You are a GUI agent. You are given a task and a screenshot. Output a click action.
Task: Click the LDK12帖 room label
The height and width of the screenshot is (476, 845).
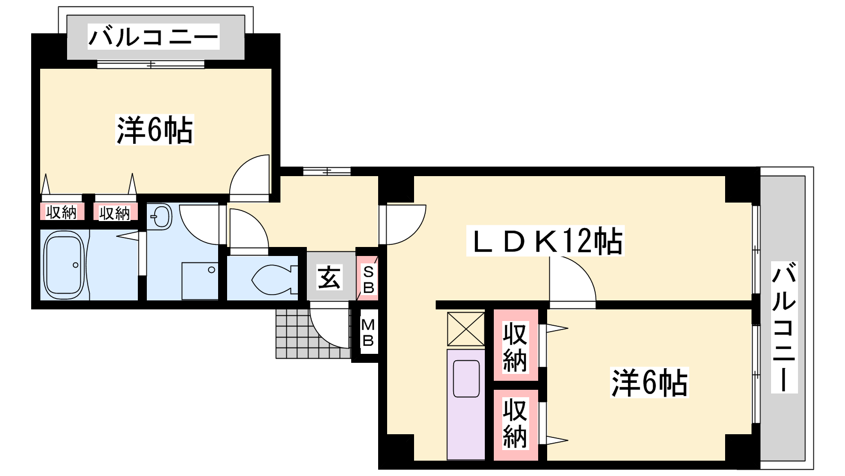(x=545, y=241)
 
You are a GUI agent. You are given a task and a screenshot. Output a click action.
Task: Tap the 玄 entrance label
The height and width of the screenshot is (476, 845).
(x=329, y=278)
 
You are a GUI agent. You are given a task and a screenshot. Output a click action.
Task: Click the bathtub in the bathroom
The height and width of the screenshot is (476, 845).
(x=64, y=265)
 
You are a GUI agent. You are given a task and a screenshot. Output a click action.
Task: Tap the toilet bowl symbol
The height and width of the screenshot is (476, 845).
(x=274, y=280)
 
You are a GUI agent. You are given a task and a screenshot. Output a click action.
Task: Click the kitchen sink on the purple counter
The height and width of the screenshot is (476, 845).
(x=466, y=379)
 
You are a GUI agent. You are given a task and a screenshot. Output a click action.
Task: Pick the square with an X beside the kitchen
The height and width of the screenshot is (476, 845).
(x=466, y=328)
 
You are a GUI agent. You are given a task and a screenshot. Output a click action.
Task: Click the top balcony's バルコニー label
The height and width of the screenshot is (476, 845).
(x=154, y=36)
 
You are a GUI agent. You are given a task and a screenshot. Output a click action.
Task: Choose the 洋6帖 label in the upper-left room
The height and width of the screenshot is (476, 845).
(x=155, y=130)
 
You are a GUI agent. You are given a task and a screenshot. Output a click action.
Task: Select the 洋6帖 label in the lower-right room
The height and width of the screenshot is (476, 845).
(x=650, y=383)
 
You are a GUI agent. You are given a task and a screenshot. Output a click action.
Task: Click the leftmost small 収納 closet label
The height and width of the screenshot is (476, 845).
(x=61, y=212)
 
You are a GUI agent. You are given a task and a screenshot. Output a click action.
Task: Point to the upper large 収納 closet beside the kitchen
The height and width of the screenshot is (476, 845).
(x=515, y=345)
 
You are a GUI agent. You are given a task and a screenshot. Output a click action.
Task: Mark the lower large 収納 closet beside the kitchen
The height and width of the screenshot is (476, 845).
(x=515, y=425)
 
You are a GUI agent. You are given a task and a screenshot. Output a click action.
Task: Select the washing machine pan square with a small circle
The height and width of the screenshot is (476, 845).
(x=200, y=281)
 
